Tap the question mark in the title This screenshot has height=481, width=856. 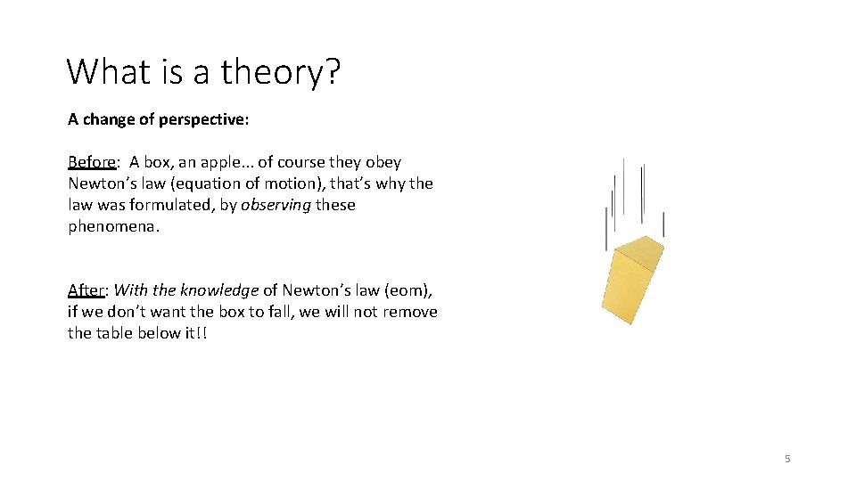point(332,71)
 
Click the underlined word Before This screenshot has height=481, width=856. point(91,162)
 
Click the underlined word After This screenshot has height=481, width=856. point(86,290)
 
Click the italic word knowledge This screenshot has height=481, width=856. point(218,290)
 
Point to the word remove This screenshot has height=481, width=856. point(410,312)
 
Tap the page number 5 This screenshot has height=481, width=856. point(787,459)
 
